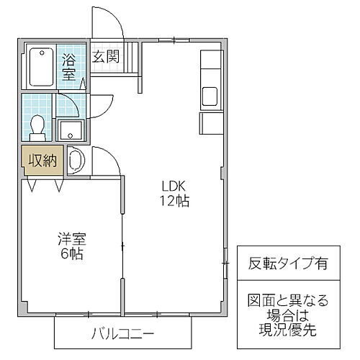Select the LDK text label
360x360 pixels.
[x=174, y=186]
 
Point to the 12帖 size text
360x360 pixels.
[x=174, y=202]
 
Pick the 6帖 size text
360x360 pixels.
[x=70, y=255]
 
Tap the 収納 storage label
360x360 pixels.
[x=43, y=161]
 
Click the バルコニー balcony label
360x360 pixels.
[x=122, y=333]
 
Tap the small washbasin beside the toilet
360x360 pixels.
[x=70, y=132]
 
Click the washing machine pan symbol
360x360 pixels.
[x=76, y=159]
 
